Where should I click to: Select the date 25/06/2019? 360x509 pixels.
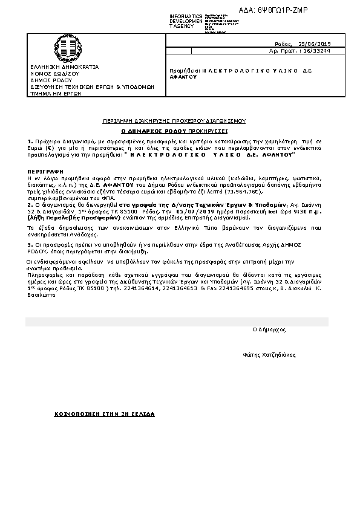coord(315,44)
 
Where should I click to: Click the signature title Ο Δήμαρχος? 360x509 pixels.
coord(269,329)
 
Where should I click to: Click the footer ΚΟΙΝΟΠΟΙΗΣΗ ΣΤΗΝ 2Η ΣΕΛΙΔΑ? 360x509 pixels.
coord(105,415)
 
